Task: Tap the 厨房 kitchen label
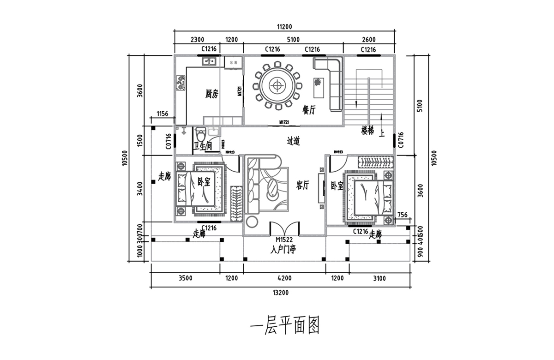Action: (212, 94)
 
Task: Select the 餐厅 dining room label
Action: (309, 110)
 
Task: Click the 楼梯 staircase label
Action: (367, 131)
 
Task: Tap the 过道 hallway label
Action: (294, 141)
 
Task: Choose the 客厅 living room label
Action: (302, 186)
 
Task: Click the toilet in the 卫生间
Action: (200, 135)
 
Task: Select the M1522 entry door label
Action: (284, 240)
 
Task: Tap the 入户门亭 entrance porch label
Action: (284, 250)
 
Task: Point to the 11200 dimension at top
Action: (284, 27)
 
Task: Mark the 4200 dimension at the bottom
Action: (284, 278)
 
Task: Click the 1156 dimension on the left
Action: (162, 114)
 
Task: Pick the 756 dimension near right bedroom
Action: (402, 214)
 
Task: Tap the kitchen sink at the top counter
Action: (209, 61)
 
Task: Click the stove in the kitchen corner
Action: (180, 83)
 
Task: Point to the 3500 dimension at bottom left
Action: (185, 278)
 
